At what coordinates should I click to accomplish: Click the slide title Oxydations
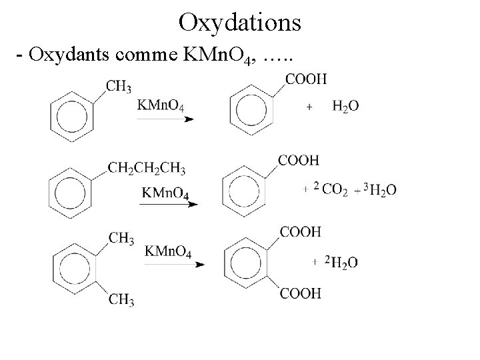(240, 23)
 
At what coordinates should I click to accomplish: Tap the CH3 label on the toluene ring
(118, 86)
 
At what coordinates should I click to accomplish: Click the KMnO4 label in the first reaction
(161, 105)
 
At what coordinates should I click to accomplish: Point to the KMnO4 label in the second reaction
(165, 193)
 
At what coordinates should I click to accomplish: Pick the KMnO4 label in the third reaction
(169, 251)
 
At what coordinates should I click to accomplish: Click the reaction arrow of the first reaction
(165, 119)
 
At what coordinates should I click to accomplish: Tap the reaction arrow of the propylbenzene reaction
(168, 205)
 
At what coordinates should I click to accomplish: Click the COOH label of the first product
(307, 79)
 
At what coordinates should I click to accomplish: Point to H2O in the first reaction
(345, 106)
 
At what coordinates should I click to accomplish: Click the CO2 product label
(335, 190)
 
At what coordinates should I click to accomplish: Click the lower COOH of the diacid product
(301, 293)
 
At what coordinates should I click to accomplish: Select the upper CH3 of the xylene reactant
(121, 239)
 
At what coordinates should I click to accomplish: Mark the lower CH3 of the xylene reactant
(121, 301)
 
